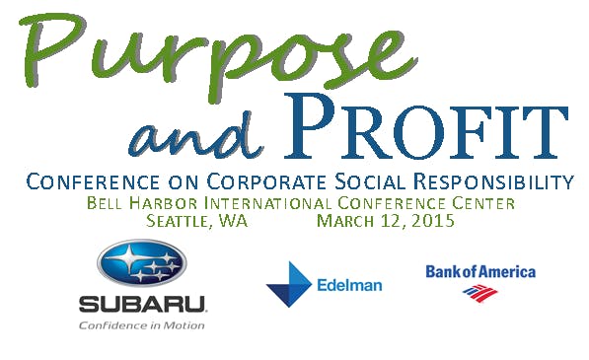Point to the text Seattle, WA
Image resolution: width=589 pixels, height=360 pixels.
click(x=196, y=221)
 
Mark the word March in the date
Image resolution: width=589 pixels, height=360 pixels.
click(x=345, y=221)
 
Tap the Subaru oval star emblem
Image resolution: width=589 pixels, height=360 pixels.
click(x=141, y=262)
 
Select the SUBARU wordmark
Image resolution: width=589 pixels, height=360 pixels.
click(x=141, y=304)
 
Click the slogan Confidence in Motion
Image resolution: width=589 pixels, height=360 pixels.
click(x=141, y=324)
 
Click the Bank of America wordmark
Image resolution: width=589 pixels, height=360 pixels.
click(x=480, y=271)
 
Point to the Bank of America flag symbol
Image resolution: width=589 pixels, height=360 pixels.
click(x=480, y=293)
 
